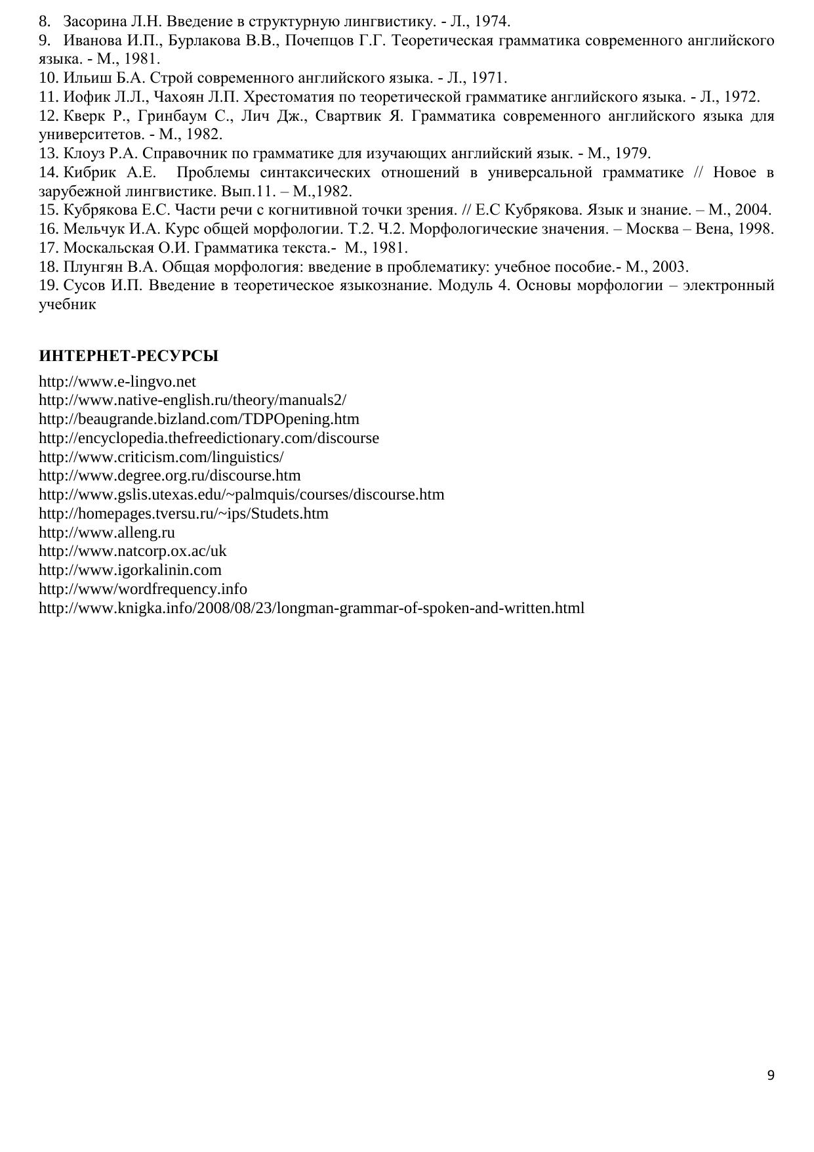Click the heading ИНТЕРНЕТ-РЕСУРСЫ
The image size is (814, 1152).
[129, 356]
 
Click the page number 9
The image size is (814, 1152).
[770, 1075]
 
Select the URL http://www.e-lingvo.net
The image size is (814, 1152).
[117, 381]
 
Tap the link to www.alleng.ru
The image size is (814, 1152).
[107, 532]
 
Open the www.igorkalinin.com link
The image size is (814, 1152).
[130, 570]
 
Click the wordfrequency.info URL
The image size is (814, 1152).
[143, 589]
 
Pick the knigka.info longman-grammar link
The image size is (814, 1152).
[312, 608]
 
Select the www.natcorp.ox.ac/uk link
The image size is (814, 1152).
[132, 551]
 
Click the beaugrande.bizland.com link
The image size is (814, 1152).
[199, 419]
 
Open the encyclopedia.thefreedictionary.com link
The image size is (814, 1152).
[209, 438]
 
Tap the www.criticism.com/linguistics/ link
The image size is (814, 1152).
[161, 457]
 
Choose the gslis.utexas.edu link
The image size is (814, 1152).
[241, 494]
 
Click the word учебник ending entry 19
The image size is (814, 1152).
[68, 305]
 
